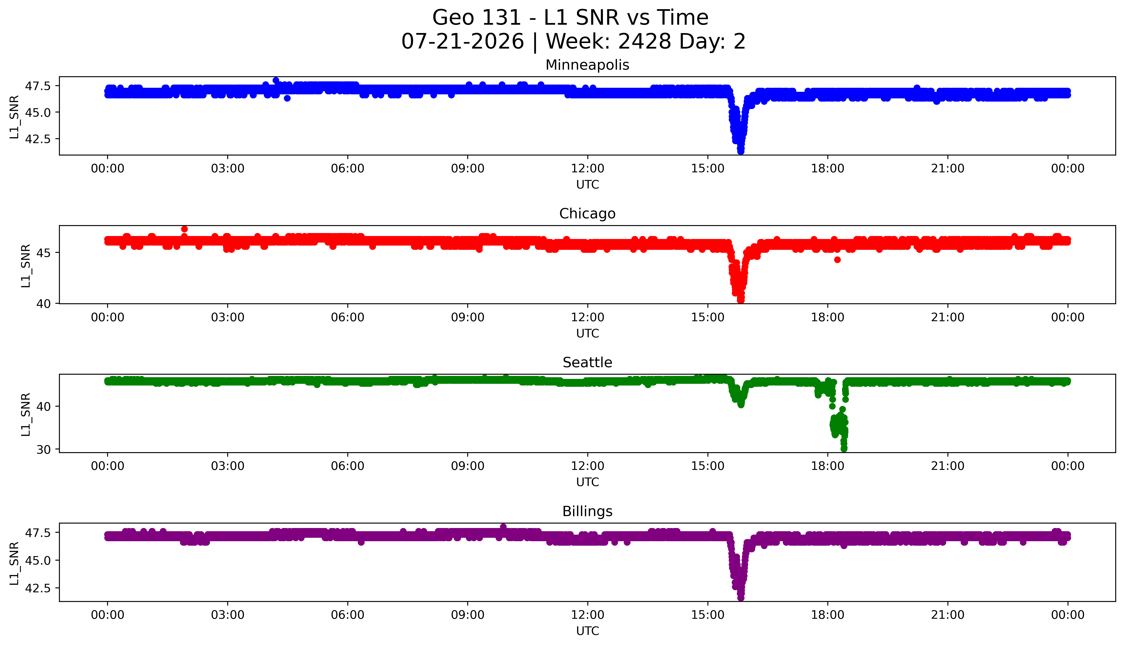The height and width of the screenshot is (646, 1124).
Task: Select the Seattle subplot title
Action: click(587, 363)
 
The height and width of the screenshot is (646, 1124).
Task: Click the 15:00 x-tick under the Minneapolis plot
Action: click(707, 169)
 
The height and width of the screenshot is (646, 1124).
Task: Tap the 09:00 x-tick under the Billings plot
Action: click(467, 615)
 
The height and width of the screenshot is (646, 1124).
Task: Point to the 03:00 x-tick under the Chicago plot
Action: click(228, 317)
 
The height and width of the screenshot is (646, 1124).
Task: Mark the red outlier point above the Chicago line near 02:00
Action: click(184, 229)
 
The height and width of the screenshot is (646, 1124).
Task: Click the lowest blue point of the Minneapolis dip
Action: click(741, 151)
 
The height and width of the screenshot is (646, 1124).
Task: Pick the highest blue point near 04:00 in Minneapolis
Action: click(276, 80)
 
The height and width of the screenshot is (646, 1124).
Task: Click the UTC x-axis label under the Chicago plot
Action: click(587, 333)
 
